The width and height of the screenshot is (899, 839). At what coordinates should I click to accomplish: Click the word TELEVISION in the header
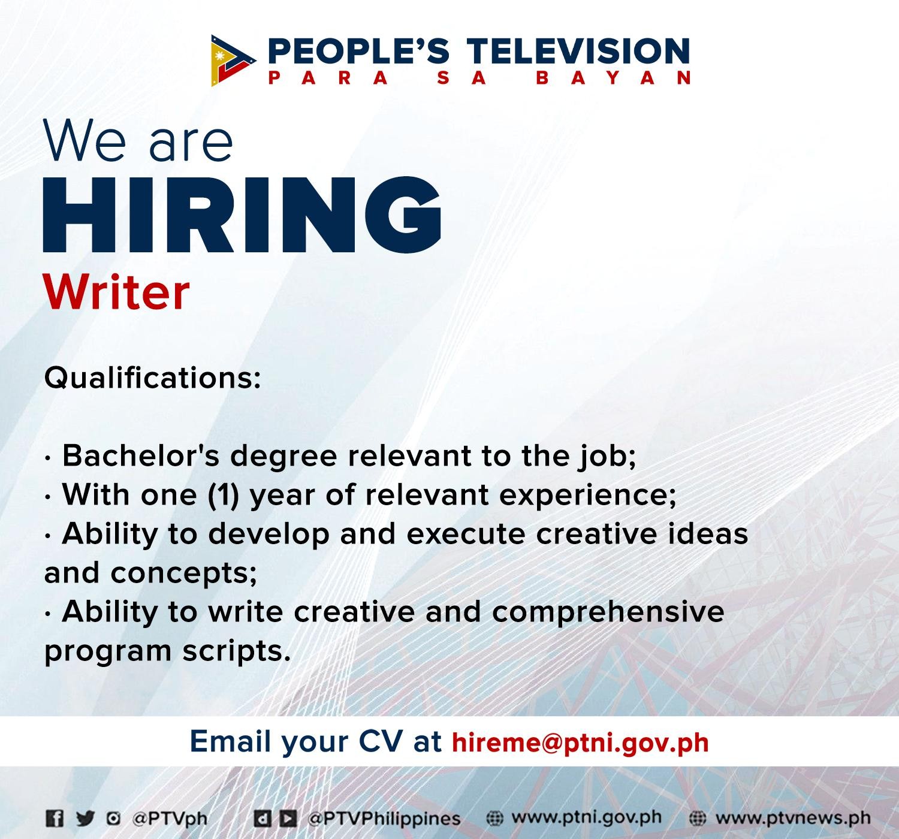(578, 51)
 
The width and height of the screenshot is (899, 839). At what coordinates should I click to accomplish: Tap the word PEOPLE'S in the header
(358, 51)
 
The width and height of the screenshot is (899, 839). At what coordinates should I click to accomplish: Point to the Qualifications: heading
(153, 378)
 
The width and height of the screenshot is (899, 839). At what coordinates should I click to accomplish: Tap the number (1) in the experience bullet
(223, 495)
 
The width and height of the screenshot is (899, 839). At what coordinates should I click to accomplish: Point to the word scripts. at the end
(236, 653)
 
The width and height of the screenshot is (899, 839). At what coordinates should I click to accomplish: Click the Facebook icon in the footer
(55, 819)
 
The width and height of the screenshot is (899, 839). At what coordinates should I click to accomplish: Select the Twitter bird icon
(85, 818)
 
